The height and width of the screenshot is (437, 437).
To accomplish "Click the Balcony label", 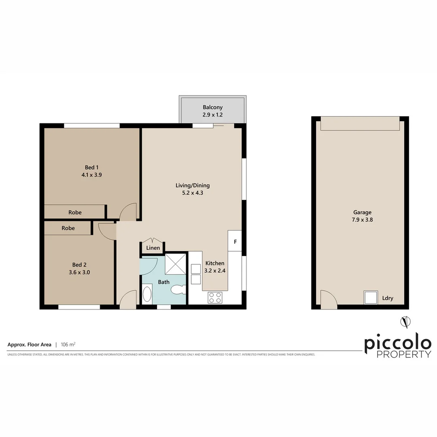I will click(x=213, y=107).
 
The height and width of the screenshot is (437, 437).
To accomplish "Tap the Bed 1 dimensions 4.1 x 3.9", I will click(x=90, y=175).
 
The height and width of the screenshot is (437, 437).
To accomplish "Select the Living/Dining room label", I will click(x=193, y=186).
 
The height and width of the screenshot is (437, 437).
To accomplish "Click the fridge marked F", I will click(x=235, y=242).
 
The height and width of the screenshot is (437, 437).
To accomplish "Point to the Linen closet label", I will click(x=153, y=248).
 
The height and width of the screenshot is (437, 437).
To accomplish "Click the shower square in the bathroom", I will click(x=175, y=264).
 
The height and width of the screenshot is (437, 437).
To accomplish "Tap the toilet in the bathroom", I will click(x=178, y=289).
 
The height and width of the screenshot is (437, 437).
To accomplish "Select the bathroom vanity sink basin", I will click(x=147, y=294).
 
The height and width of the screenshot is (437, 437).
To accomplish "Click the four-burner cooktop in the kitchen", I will click(x=215, y=298).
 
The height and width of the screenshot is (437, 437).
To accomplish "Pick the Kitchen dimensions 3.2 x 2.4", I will click(x=214, y=271).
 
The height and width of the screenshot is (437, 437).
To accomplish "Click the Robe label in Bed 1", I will click(x=75, y=212).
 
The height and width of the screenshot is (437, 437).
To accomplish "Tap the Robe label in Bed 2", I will click(x=68, y=228).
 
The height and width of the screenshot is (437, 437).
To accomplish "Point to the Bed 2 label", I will click(x=80, y=265).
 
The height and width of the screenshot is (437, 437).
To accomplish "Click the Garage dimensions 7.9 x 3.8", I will click(x=362, y=220).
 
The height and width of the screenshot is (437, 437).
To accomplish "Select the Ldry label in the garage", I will click(x=388, y=299).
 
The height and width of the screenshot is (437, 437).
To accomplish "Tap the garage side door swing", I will click(x=328, y=299).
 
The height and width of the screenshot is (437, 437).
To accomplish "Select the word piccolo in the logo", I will click(x=397, y=344).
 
